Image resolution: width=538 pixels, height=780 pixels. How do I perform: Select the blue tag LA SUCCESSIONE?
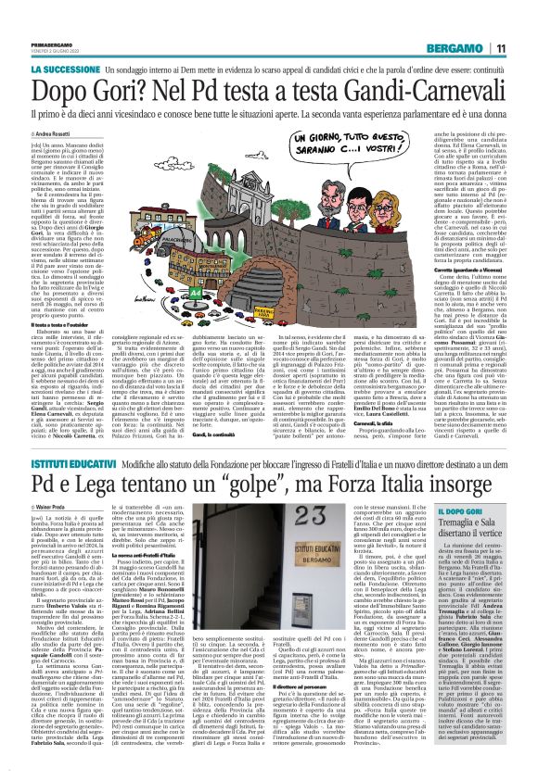point(64,69)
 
